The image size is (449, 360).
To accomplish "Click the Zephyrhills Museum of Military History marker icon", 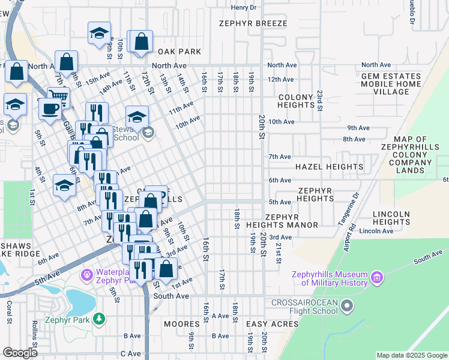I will (377, 278).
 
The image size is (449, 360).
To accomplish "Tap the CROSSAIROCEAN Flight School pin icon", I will (347, 307).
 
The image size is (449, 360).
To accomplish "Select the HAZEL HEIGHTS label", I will (328, 167).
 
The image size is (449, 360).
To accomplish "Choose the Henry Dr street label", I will (244, 7).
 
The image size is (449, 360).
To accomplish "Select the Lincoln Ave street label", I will (376, 231).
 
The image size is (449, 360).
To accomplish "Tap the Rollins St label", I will (34, 346).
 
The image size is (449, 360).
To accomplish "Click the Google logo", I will (20, 353).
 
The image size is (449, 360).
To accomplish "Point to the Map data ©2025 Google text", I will (411, 355).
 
